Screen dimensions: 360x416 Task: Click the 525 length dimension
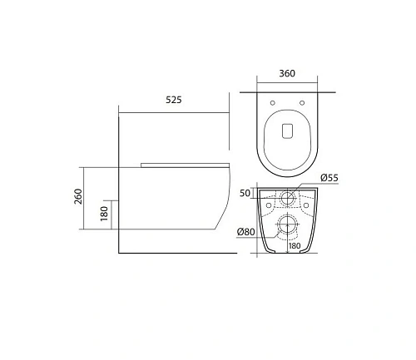click(x=174, y=99)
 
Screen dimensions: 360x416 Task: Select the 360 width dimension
click(x=286, y=73)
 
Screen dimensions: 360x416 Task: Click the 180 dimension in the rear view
click(x=295, y=245)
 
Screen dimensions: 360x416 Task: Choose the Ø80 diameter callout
click(x=247, y=231)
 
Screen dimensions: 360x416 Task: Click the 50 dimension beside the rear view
click(x=245, y=193)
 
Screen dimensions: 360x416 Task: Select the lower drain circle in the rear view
click(x=286, y=223)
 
